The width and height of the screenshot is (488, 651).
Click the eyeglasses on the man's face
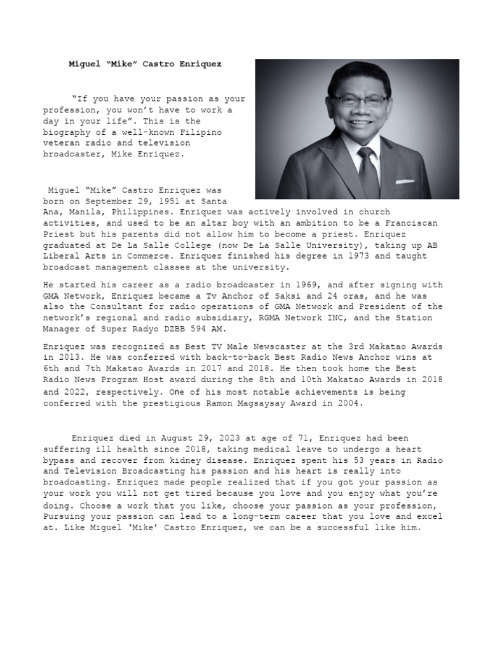361,100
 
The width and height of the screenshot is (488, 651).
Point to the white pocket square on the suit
404,182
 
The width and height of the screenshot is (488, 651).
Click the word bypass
59,460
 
